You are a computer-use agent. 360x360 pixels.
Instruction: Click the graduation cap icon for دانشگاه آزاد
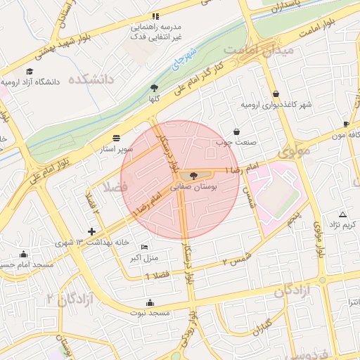30,71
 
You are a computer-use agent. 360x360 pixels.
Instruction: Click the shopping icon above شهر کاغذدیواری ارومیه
275,94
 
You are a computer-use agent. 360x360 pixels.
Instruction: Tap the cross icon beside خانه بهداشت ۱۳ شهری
91,231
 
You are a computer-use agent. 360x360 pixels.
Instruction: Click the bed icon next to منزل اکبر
144,247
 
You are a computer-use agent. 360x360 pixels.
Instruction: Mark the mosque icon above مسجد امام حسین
25,255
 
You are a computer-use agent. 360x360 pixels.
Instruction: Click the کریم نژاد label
344,224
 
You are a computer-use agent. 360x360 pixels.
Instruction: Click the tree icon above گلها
153,88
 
